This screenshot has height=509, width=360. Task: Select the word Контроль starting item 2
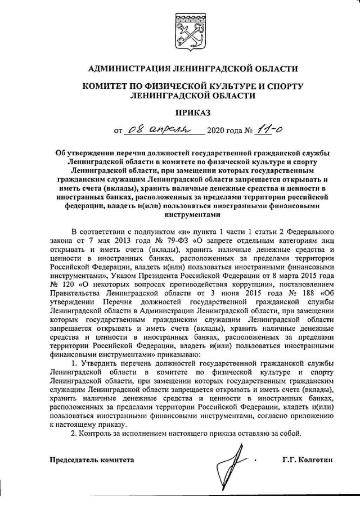(x=101, y=434)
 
